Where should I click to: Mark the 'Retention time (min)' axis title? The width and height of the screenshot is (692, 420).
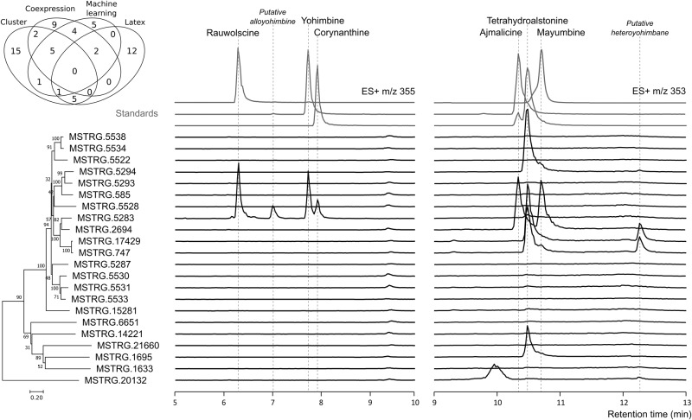tap(641, 413)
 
